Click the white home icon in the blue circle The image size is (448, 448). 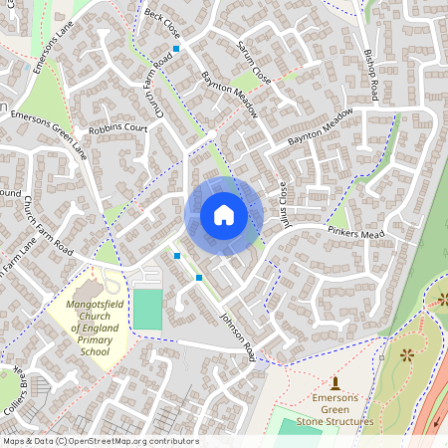(224, 214)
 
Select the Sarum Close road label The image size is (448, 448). (255, 62)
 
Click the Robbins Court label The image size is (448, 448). (117, 129)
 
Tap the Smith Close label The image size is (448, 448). (282, 200)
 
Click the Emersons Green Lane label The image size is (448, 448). (49, 133)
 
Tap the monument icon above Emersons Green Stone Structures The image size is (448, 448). (336, 382)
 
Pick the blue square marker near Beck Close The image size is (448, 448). (176, 48)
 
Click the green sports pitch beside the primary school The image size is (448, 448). (146, 308)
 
